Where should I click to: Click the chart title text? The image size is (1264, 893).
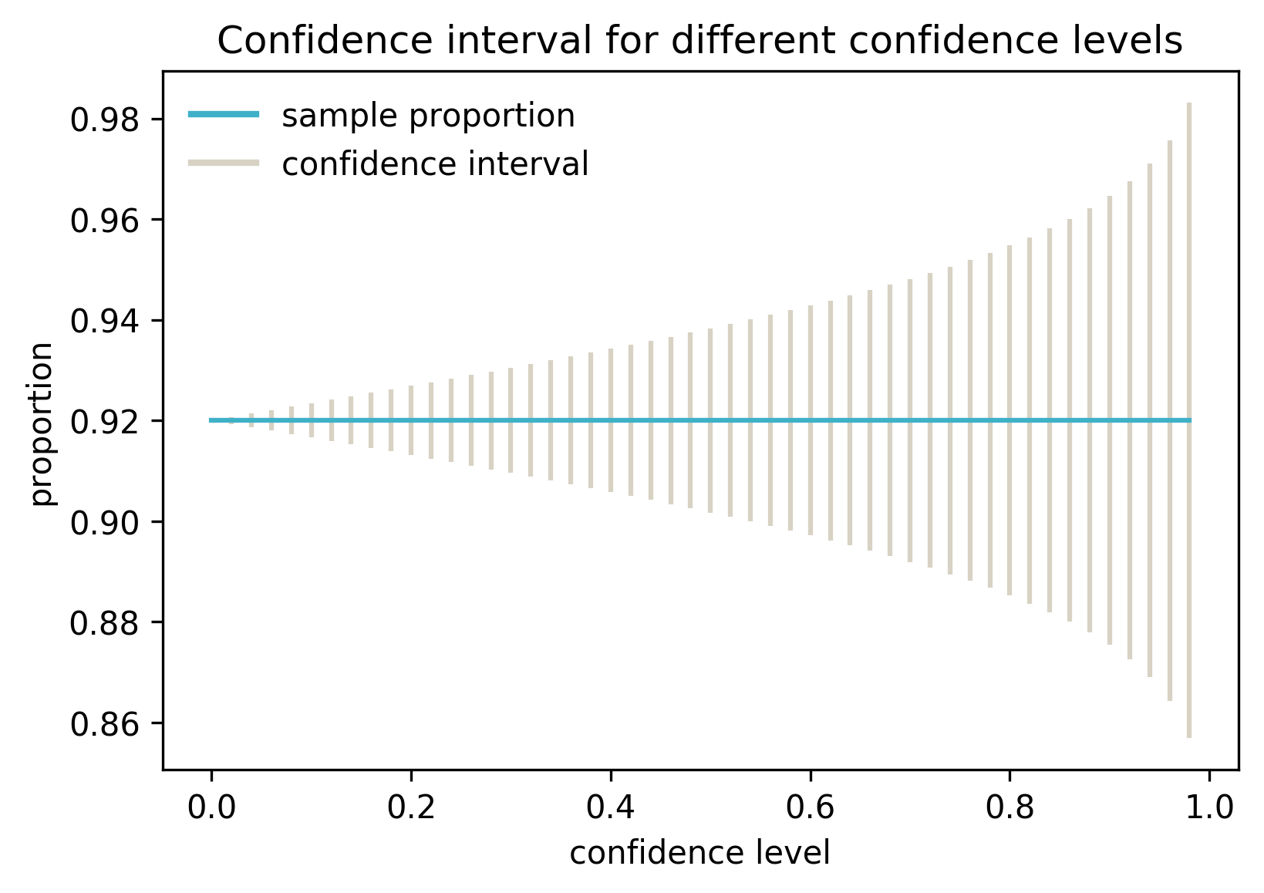pos(699,41)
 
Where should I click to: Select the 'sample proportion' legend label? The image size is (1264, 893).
pos(428,116)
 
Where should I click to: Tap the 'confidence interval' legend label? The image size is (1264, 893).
pos(435,164)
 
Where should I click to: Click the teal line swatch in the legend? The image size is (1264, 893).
pos(224,116)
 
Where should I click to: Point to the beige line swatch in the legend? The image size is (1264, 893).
pos(224,163)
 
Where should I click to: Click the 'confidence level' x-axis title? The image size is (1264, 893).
pos(699,854)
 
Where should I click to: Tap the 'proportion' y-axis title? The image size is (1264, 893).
pos(42,423)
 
